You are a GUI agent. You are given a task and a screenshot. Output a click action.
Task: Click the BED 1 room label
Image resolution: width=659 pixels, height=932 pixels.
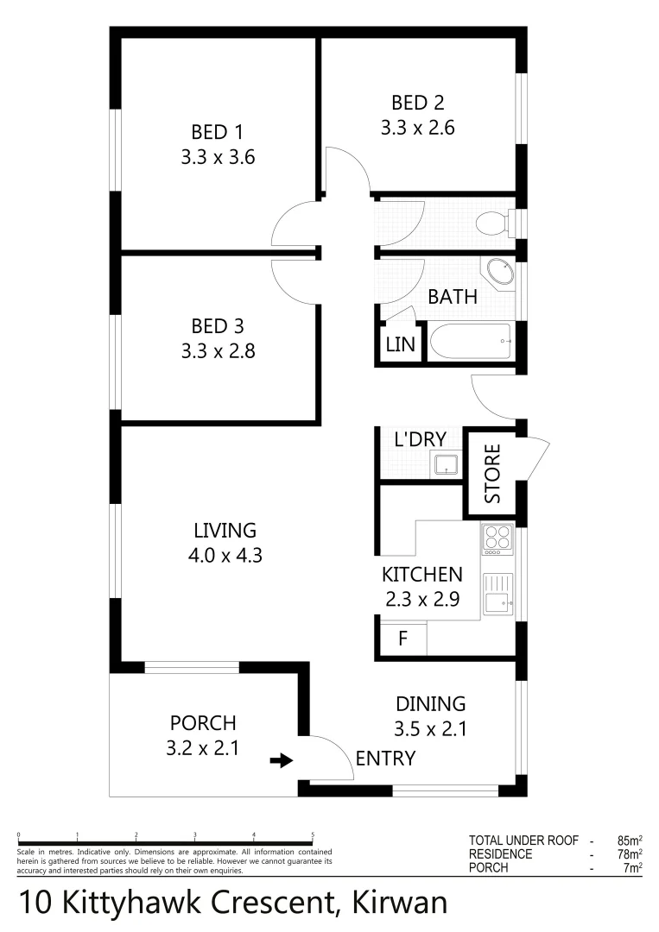[x=218, y=132]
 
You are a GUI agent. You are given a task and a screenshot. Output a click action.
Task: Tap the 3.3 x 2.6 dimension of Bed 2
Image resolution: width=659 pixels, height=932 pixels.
[x=417, y=129]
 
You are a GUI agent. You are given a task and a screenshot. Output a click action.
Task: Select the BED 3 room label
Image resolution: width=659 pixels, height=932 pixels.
[x=218, y=326]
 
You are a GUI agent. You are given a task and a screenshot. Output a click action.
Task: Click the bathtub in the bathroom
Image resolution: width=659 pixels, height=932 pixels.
[x=471, y=342]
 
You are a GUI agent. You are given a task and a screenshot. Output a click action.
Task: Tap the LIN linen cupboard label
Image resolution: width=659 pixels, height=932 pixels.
[x=401, y=345]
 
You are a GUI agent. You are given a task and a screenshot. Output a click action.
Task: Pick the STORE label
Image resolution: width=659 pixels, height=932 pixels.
[x=492, y=474]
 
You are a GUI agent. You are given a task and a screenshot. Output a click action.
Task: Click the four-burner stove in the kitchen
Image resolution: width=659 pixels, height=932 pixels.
[x=497, y=538]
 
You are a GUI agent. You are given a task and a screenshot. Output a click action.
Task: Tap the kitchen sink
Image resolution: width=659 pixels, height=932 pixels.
[x=497, y=595]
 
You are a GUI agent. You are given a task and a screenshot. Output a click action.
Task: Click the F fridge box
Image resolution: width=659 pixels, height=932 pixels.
[x=402, y=640]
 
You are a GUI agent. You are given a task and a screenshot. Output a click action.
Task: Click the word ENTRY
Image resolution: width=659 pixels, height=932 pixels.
[x=385, y=759]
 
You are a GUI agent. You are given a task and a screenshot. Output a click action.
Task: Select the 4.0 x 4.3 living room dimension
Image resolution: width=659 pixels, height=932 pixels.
[x=225, y=556]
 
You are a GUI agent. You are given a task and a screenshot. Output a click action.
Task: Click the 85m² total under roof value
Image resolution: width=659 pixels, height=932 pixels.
[x=628, y=839]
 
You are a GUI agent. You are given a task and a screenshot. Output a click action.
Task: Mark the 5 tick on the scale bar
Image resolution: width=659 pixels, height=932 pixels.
[x=313, y=835]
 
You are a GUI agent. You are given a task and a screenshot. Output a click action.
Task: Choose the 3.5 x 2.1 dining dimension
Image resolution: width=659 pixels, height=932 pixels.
[x=430, y=729]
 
